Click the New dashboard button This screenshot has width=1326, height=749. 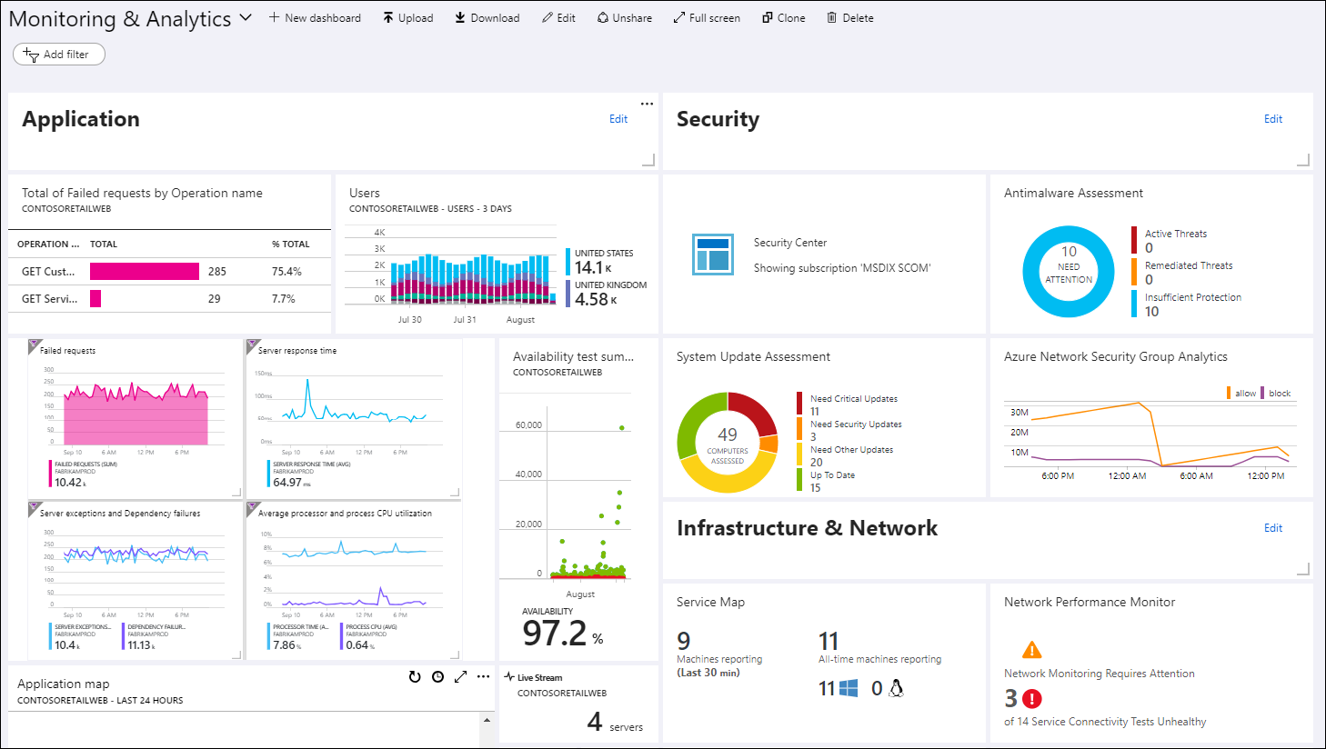point(315,18)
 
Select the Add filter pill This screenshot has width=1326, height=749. point(59,55)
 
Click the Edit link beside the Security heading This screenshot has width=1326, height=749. point(1272,119)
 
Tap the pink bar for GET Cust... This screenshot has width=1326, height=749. point(145,271)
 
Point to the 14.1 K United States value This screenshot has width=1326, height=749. point(592,267)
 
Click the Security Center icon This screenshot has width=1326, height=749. point(712,254)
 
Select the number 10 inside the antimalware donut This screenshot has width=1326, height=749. point(1069,252)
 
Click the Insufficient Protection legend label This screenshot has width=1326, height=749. point(1192,297)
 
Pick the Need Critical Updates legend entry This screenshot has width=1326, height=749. point(853,399)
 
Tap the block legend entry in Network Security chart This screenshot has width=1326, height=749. point(1279,394)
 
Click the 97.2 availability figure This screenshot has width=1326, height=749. point(555,633)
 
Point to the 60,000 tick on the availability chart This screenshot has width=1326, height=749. point(528,425)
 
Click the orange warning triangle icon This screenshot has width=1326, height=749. point(1031,650)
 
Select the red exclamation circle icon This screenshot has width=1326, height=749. point(1032,699)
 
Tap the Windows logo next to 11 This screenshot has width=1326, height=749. point(849,688)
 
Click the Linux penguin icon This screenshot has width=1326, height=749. point(896,688)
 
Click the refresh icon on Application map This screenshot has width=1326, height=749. point(415,677)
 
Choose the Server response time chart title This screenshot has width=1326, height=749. point(297,351)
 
